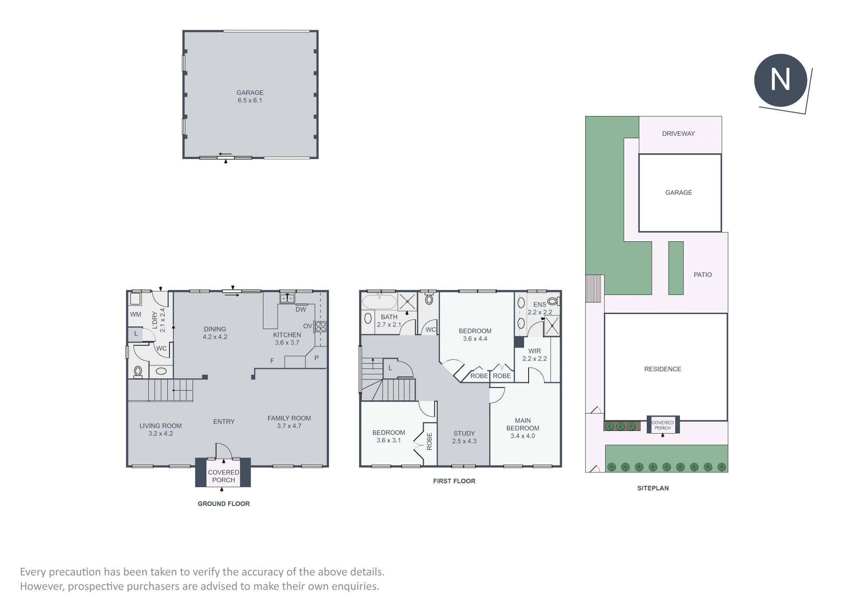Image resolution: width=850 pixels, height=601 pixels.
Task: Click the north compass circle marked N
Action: click(x=780, y=80)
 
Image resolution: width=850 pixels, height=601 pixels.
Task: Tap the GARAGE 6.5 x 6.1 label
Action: click(x=250, y=96)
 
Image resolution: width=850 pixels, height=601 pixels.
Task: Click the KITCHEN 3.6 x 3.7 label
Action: click(x=287, y=338)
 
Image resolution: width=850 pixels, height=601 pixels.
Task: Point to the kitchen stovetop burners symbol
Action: click(x=321, y=327)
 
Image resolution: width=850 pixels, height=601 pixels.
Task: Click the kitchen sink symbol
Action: click(x=287, y=298)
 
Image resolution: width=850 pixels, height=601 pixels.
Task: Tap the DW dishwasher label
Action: click(x=301, y=310)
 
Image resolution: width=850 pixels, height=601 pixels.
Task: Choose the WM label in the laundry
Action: click(x=135, y=314)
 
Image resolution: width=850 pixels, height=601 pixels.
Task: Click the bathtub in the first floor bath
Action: click(x=379, y=302)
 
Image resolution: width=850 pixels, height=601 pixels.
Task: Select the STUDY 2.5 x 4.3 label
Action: click(x=464, y=437)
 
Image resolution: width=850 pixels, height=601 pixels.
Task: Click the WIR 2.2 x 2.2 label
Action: click(x=534, y=355)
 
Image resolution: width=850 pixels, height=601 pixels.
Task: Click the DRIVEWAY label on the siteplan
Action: click(x=678, y=134)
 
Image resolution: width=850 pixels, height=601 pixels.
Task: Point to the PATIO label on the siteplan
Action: click(x=703, y=275)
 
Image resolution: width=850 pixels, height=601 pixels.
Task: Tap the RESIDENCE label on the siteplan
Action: click(x=662, y=369)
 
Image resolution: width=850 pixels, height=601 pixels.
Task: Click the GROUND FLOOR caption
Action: click(x=224, y=504)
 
